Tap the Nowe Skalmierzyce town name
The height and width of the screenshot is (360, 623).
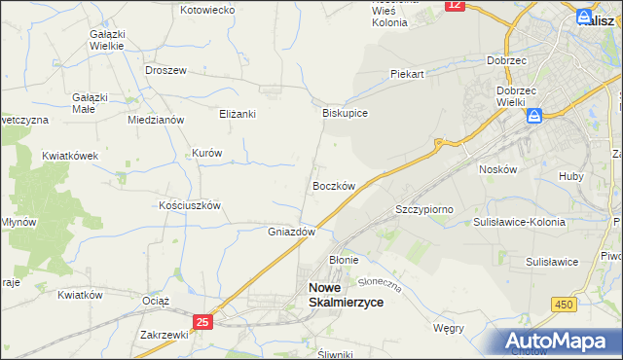346,295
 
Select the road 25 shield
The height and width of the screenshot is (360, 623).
202,322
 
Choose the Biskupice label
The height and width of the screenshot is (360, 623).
345,113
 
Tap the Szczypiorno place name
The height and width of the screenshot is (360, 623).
424,209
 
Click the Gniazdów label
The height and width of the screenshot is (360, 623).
292,233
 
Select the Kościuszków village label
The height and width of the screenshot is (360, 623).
191,206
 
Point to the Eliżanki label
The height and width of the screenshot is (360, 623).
237,114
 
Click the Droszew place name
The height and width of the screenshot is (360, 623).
165,71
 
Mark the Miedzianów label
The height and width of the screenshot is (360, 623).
156,120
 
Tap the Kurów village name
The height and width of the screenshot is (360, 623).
207,154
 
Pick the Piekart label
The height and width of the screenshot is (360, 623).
408,74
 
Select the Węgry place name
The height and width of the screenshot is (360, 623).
448,328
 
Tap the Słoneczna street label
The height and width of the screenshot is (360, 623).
380,283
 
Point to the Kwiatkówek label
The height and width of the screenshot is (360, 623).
70,155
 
